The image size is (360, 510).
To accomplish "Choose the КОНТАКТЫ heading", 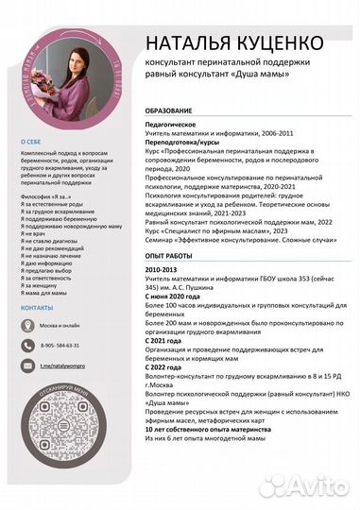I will [x=37, y=308].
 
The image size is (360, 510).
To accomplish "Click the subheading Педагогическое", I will [x=170, y=124].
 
